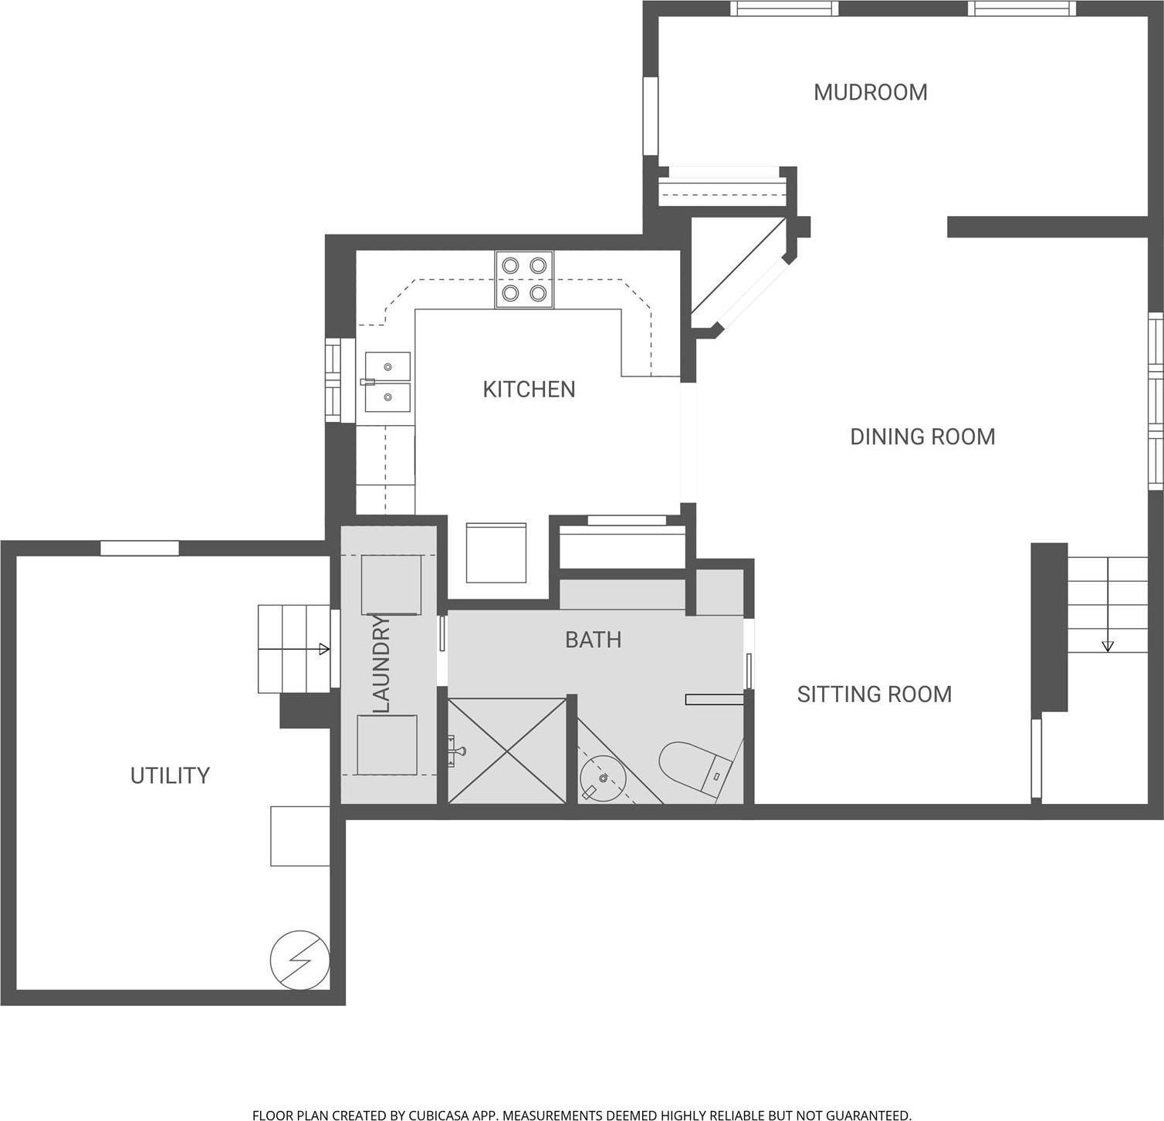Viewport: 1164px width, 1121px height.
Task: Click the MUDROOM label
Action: point(870,93)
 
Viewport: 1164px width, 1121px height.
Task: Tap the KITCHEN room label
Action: point(529,390)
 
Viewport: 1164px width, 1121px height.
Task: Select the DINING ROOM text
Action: point(922,437)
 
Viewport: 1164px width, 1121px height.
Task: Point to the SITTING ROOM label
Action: point(874,694)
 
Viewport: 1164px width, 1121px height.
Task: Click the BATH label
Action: point(593,640)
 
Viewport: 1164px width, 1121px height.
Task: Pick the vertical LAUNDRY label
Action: point(382,663)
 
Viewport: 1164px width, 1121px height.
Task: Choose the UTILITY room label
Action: point(170,775)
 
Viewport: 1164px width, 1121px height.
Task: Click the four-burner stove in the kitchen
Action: point(524,279)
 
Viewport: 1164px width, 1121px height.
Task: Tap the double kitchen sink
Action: point(387,382)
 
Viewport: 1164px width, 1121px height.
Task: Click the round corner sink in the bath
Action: point(603,778)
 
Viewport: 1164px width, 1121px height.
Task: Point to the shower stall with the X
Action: point(507,751)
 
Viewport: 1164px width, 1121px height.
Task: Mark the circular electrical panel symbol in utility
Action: point(299,960)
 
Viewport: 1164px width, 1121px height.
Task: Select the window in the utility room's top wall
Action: point(140,548)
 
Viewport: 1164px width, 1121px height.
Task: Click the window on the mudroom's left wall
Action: point(651,116)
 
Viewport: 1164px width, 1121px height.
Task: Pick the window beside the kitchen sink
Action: point(333,380)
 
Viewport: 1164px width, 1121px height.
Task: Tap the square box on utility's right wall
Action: point(300,836)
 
